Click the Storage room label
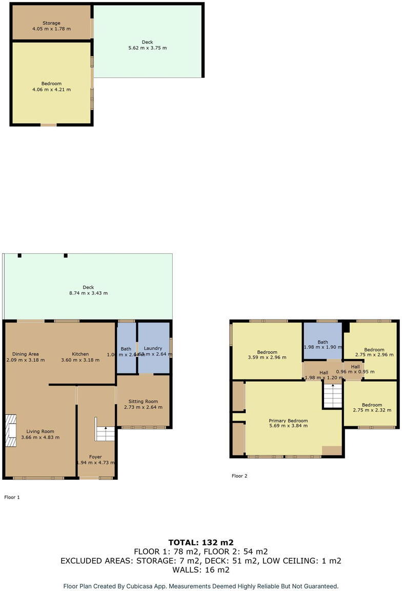point(51,23)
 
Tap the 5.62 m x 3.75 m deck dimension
point(147,48)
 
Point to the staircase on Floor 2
point(332,396)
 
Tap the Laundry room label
point(153,348)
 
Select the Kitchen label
point(80,354)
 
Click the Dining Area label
point(23,354)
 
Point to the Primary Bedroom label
point(288,421)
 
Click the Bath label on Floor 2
point(323,342)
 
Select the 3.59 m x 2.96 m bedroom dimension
point(267,358)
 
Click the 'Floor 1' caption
point(12,497)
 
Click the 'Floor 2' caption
point(239,476)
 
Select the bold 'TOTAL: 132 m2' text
point(201,542)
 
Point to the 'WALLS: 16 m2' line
point(201,569)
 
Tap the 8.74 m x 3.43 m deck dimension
point(88,293)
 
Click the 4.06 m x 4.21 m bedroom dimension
point(51,89)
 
